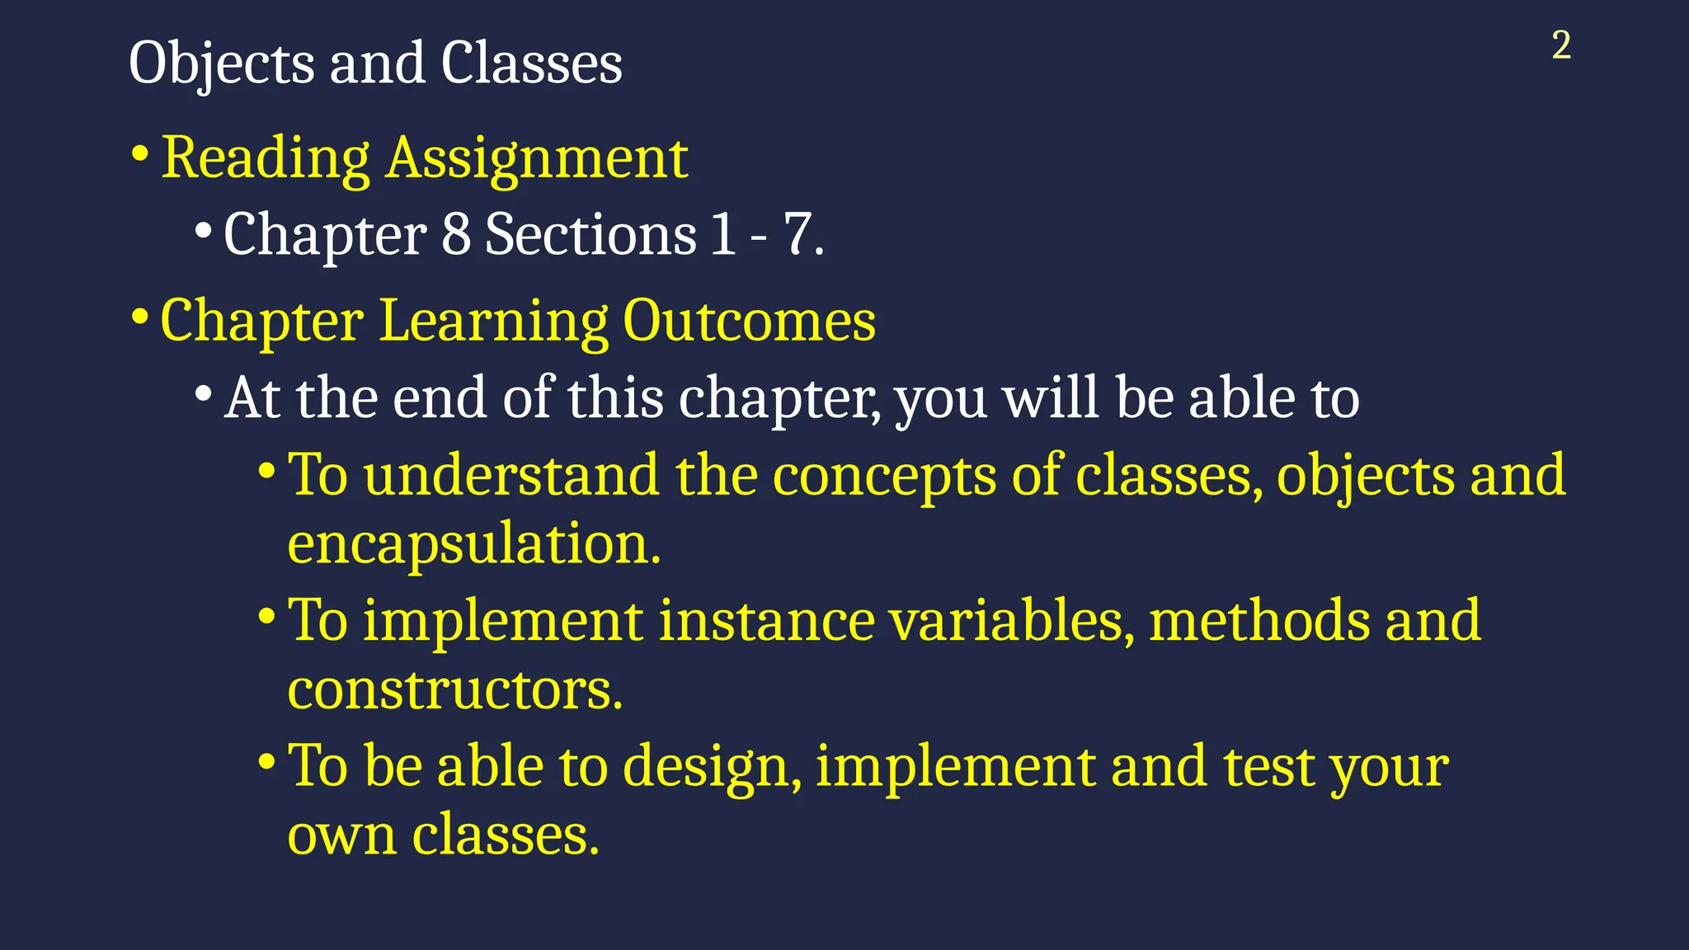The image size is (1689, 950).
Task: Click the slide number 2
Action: coord(1561,45)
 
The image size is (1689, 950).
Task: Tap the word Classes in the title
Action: coord(531,63)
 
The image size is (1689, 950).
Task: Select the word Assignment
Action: coord(537,158)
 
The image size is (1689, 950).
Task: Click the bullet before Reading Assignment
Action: coord(140,154)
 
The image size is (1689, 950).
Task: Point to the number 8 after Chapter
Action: coord(456,234)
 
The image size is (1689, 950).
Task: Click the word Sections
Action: coord(590,234)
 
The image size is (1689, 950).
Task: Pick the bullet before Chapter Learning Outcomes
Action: coord(140,317)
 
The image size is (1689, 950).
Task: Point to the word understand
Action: coord(511,476)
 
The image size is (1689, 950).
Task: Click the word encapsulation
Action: coord(473,544)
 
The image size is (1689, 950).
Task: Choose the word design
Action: coord(711,767)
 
